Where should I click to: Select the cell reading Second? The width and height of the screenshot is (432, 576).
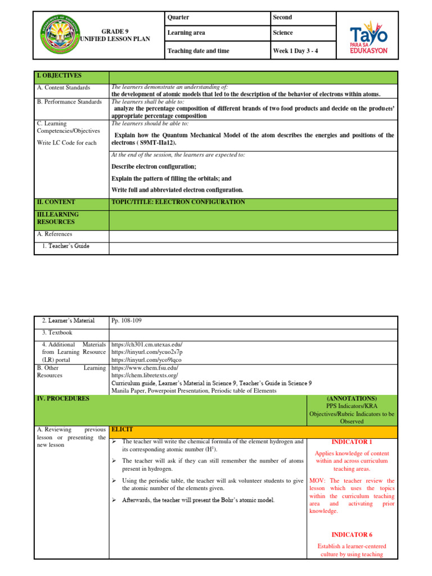(x=282, y=17)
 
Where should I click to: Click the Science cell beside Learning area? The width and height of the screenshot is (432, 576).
(x=282, y=33)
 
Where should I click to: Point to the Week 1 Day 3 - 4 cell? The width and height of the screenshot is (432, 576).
(x=296, y=52)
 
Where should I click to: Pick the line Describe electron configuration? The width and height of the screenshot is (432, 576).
(x=154, y=166)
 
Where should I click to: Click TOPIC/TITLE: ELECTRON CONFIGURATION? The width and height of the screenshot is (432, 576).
(x=178, y=202)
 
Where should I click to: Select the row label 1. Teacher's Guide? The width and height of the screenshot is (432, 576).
(x=65, y=246)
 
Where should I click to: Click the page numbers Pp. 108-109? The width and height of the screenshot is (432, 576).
(x=127, y=321)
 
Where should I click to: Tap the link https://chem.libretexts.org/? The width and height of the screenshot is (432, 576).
(x=145, y=375)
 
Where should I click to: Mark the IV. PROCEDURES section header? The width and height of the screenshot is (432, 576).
(x=62, y=398)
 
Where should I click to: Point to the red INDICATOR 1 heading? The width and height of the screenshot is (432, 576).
(x=352, y=442)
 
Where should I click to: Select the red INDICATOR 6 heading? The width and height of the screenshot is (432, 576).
(x=352, y=534)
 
